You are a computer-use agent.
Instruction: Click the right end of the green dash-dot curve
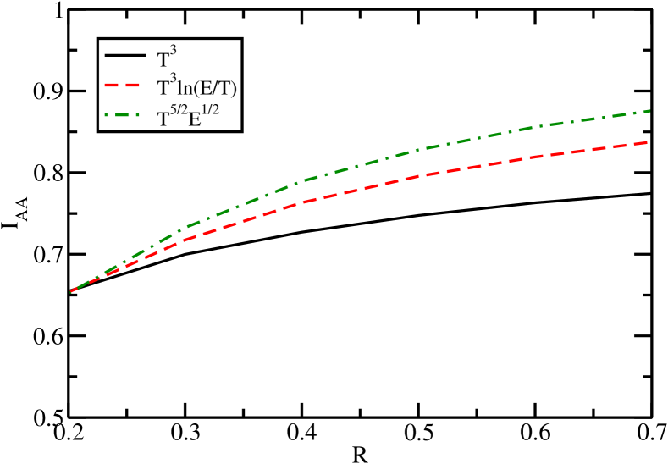649,111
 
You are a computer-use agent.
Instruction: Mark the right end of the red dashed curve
648,142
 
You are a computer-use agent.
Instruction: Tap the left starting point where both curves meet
71,291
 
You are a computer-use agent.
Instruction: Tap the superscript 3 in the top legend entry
172,52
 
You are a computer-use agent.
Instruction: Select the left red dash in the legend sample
113,86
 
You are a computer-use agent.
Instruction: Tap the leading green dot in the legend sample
107,114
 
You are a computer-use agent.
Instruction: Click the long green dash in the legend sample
123,114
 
